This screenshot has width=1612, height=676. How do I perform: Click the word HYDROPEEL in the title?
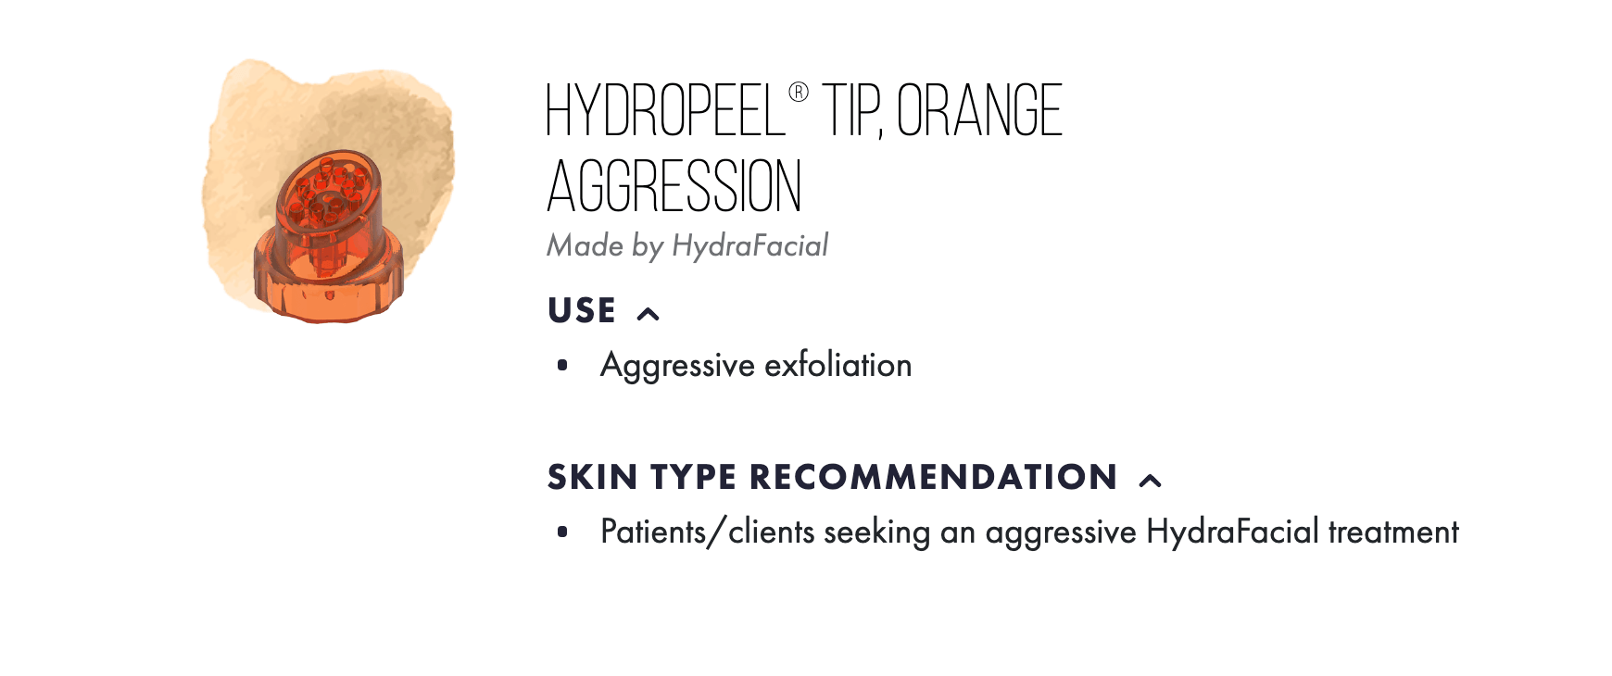click(666, 110)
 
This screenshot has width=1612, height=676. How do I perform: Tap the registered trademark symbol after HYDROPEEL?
click(799, 93)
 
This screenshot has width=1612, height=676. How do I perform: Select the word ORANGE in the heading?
click(979, 110)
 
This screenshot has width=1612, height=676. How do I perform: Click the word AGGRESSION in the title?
click(674, 185)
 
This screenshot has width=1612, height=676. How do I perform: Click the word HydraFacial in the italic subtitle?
click(750, 245)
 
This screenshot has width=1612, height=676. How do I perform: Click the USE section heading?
click(582, 310)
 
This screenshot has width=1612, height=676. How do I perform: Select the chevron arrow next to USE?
click(649, 314)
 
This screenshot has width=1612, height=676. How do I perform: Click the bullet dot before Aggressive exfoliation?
click(562, 366)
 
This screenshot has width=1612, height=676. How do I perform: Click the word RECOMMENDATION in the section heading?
click(933, 477)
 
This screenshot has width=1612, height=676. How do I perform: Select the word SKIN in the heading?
click(593, 477)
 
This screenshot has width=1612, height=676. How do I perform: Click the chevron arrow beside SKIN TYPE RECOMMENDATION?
click(1150, 481)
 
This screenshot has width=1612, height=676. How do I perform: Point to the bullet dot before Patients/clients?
click(562, 532)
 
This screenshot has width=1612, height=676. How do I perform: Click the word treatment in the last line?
click(1393, 532)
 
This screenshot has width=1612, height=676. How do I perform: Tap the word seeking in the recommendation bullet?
click(876, 532)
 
